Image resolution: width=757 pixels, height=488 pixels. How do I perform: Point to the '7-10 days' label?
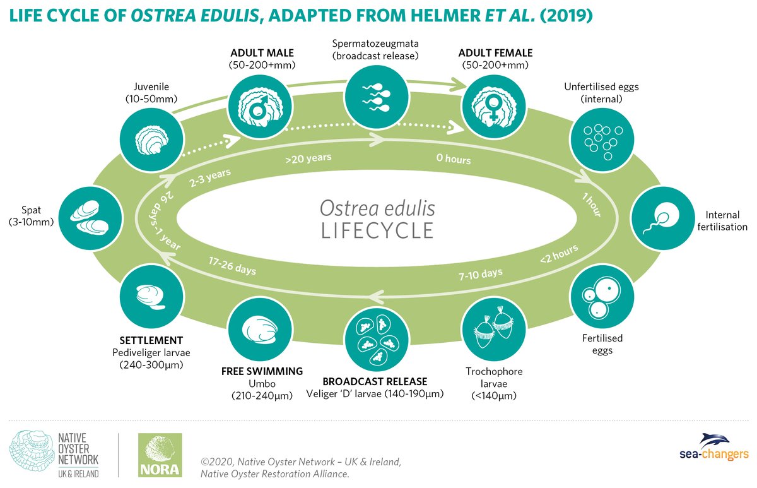click(x=481, y=273)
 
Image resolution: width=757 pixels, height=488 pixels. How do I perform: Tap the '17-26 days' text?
click(x=233, y=266)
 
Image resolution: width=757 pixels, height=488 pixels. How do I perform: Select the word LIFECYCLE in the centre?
click(x=377, y=230)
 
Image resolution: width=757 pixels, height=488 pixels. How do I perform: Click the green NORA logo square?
click(x=160, y=455)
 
